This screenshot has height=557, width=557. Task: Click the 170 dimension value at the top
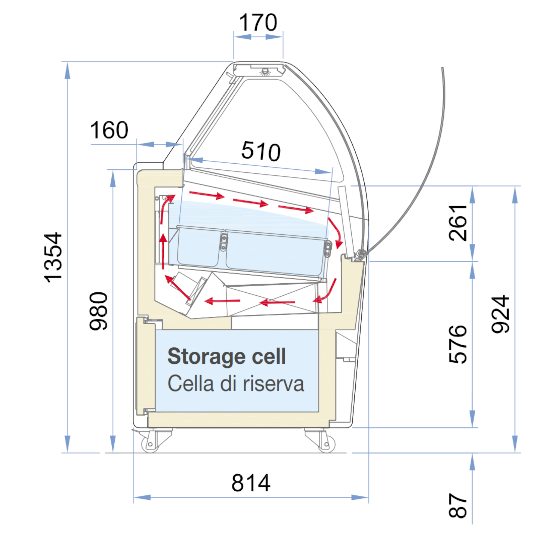(x=258, y=22)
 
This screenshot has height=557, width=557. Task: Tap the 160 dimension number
(x=109, y=130)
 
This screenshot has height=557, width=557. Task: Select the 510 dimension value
(x=261, y=151)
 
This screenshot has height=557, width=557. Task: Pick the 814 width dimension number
(x=251, y=483)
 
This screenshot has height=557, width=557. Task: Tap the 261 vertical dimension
(x=457, y=223)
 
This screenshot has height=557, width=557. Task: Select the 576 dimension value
(x=457, y=344)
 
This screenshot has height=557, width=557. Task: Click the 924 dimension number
(x=500, y=314)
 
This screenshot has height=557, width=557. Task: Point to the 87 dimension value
(x=457, y=505)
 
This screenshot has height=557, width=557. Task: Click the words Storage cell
(x=227, y=357)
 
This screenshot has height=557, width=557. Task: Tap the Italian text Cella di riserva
(x=236, y=383)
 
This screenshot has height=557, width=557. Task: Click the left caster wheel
(x=150, y=444)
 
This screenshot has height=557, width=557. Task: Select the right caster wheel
(x=326, y=444)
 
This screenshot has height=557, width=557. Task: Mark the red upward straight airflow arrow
(x=163, y=251)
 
